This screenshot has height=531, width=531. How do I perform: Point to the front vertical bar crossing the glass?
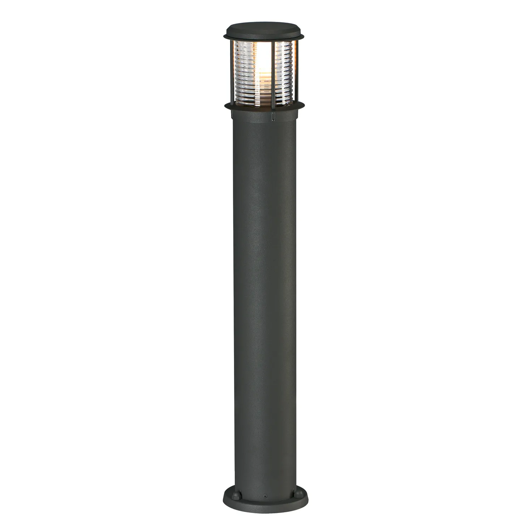(x=273, y=71)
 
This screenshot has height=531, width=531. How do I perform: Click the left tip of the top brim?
(x=223, y=36)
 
